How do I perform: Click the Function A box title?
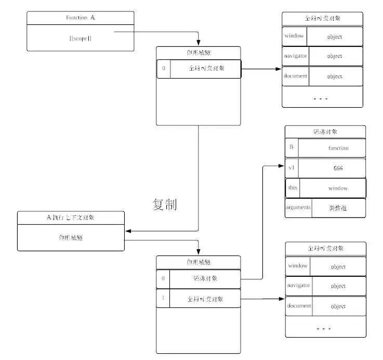(80, 18)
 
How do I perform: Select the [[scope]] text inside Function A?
(80, 38)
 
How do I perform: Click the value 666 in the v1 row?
(338, 168)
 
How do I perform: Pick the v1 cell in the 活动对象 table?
(292, 168)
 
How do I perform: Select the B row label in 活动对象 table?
(292, 148)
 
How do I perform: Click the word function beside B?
(338, 148)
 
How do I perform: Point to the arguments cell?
(298, 208)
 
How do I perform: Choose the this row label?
(293, 188)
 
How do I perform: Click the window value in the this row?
(338, 188)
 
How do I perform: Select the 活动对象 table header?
(325, 132)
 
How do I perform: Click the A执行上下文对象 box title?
(71, 217)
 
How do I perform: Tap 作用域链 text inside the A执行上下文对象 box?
(71, 237)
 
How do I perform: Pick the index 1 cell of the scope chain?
(163, 299)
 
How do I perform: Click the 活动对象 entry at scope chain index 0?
(205, 279)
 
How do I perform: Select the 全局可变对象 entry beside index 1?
(205, 299)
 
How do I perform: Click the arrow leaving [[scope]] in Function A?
(156, 32)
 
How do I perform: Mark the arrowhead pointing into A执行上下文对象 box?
(128, 230)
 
